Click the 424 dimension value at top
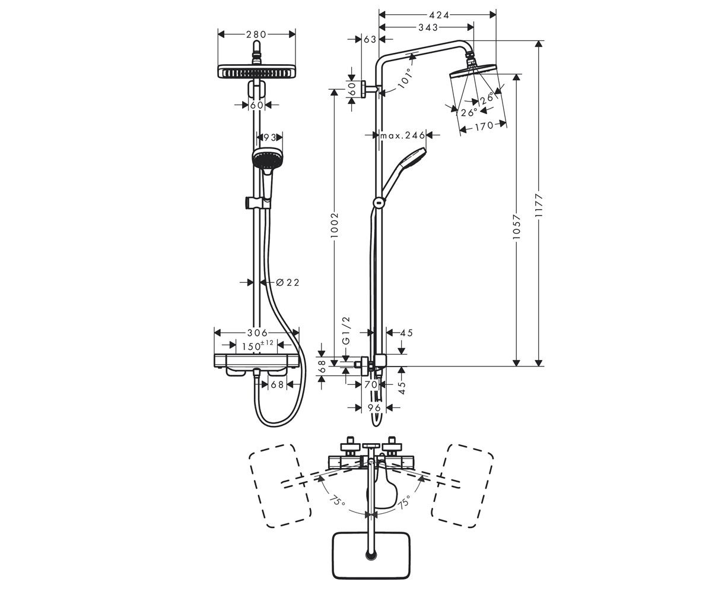coord(439,15)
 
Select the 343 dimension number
coord(428,27)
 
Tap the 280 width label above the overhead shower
coord(256,34)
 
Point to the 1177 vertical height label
coord(538,206)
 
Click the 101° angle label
coord(405,78)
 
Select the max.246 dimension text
coord(403,135)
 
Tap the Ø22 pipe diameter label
coord(287,282)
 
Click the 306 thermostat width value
coord(257,333)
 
